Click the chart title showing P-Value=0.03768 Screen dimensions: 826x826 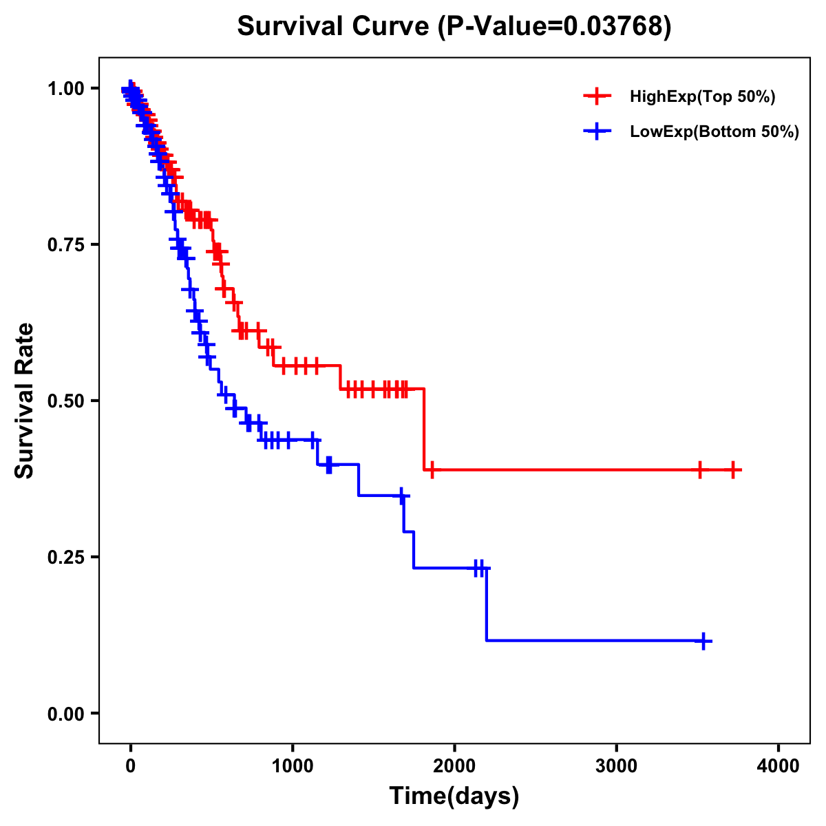pyautogui.click(x=454, y=26)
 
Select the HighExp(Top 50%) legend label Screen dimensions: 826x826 pyautogui.click(x=702, y=97)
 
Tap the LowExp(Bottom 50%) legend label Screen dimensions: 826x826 pyautogui.click(x=714, y=132)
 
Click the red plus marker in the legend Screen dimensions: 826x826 pyautogui.click(x=597, y=96)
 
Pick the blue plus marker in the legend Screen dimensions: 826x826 pyautogui.click(x=597, y=131)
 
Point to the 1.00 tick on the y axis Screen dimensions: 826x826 pyautogui.click(x=65, y=89)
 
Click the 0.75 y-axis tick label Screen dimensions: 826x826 pyautogui.click(x=65, y=245)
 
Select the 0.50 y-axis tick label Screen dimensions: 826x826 pyautogui.click(x=65, y=401)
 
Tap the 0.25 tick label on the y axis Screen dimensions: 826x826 pyautogui.click(x=65, y=558)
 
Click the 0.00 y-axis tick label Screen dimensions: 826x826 pyautogui.click(x=65, y=714)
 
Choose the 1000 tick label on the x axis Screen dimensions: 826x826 pyautogui.click(x=293, y=766)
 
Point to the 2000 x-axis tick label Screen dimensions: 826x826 pyautogui.click(x=454, y=766)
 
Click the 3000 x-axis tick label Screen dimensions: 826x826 pyautogui.click(x=617, y=766)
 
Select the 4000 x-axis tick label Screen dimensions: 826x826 pyautogui.click(x=779, y=766)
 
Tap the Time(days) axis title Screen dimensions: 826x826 pyautogui.click(x=454, y=796)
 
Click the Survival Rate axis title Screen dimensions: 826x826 pyautogui.click(x=25, y=401)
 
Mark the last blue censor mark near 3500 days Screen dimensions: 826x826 pyautogui.click(x=703, y=641)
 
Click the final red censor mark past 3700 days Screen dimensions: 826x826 pyautogui.click(x=734, y=470)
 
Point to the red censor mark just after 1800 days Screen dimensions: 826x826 pyautogui.click(x=432, y=470)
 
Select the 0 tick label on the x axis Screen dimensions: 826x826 pyautogui.click(x=131, y=766)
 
